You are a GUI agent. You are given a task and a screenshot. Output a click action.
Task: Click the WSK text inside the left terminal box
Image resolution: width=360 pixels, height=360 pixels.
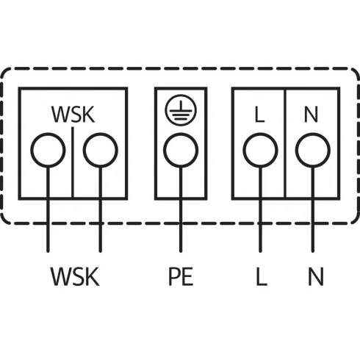73,115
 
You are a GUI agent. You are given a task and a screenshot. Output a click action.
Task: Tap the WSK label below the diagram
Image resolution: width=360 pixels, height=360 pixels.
73,277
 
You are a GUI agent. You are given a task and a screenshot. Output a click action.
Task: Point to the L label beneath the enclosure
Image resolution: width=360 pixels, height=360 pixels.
260,277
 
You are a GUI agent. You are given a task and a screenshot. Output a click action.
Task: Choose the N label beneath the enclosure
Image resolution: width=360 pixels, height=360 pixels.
315,277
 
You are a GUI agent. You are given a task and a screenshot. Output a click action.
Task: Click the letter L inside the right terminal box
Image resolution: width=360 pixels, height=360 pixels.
259,115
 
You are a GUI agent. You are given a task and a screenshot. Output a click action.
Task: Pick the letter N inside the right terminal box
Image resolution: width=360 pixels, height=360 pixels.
311,115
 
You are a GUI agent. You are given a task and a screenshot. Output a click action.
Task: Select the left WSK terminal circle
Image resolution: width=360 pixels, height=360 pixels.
48,151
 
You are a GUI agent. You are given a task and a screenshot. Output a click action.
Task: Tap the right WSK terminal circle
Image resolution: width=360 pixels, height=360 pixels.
100,151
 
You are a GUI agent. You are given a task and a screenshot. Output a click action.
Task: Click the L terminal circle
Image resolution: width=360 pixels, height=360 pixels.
259,151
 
